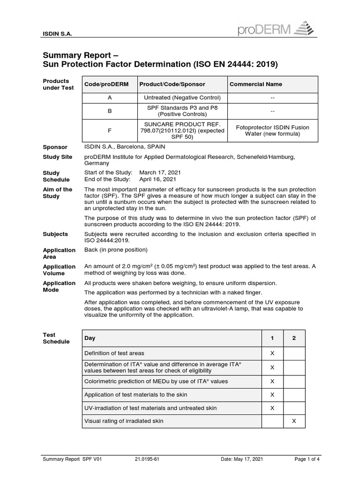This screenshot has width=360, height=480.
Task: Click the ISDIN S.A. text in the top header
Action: click(x=57, y=34)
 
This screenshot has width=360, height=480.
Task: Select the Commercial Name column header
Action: click(x=255, y=84)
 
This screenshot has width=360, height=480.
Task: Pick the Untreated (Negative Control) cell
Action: click(x=182, y=97)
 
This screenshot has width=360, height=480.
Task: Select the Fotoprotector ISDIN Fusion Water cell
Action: click(x=272, y=130)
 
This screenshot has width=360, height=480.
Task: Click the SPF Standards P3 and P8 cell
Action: click(x=182, y=111)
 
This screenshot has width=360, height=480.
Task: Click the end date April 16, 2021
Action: click(x=157, y=179)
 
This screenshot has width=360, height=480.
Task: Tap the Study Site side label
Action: click(x=58, y=157)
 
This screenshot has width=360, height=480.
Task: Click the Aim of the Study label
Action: click(x=58, y=193)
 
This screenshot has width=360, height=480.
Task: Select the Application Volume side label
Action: click(x=59, y=270)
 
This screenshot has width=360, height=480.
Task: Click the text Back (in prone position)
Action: click(x=116, y=250)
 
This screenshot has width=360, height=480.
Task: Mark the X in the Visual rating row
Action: click(x=294, y=421)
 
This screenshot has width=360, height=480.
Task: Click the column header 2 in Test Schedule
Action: click(x=294, y=338)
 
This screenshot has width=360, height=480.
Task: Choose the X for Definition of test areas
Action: click(x=272, y=353)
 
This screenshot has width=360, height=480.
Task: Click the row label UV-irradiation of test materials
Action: click(x=150, y=408)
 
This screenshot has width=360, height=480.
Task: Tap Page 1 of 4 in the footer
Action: click(x=307, y=459)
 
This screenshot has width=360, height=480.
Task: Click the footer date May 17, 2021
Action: click(x=242, y=459)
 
